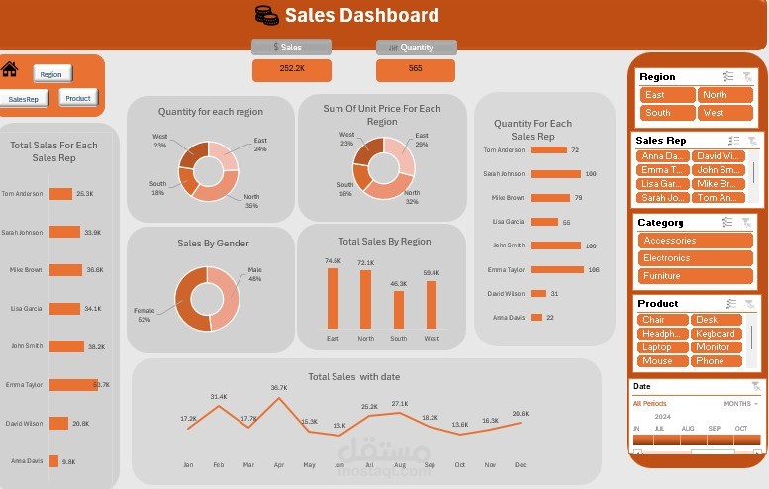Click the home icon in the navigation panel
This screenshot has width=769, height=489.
pyautogui.click(x=10, y=69)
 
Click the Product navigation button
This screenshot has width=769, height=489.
pyautogui.click(x=78, y=97)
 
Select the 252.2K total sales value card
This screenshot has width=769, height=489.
pyautogui.click(x=292, y=69)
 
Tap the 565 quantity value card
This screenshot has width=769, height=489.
pyautogui.click(x=415, y=69)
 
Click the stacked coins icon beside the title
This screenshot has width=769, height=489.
pyautogui.click(x=266, y=15)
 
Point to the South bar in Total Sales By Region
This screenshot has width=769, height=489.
pyautogui.click(x=399, y=309)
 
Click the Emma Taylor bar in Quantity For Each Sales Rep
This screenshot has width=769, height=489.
pyautogui.click(x=558, y=269)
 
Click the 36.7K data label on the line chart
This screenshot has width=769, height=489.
pyautogui.click(x=279, y=388)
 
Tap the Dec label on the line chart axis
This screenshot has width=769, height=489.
pyautogui.click(x=520, y=464)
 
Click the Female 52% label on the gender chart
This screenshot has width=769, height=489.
pyautogui.click(x=144, y=315)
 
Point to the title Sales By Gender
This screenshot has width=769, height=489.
pyautogui.click(x=213, y=243)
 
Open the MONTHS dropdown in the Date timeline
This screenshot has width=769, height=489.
pyautogui.click(x=741, y=404)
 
